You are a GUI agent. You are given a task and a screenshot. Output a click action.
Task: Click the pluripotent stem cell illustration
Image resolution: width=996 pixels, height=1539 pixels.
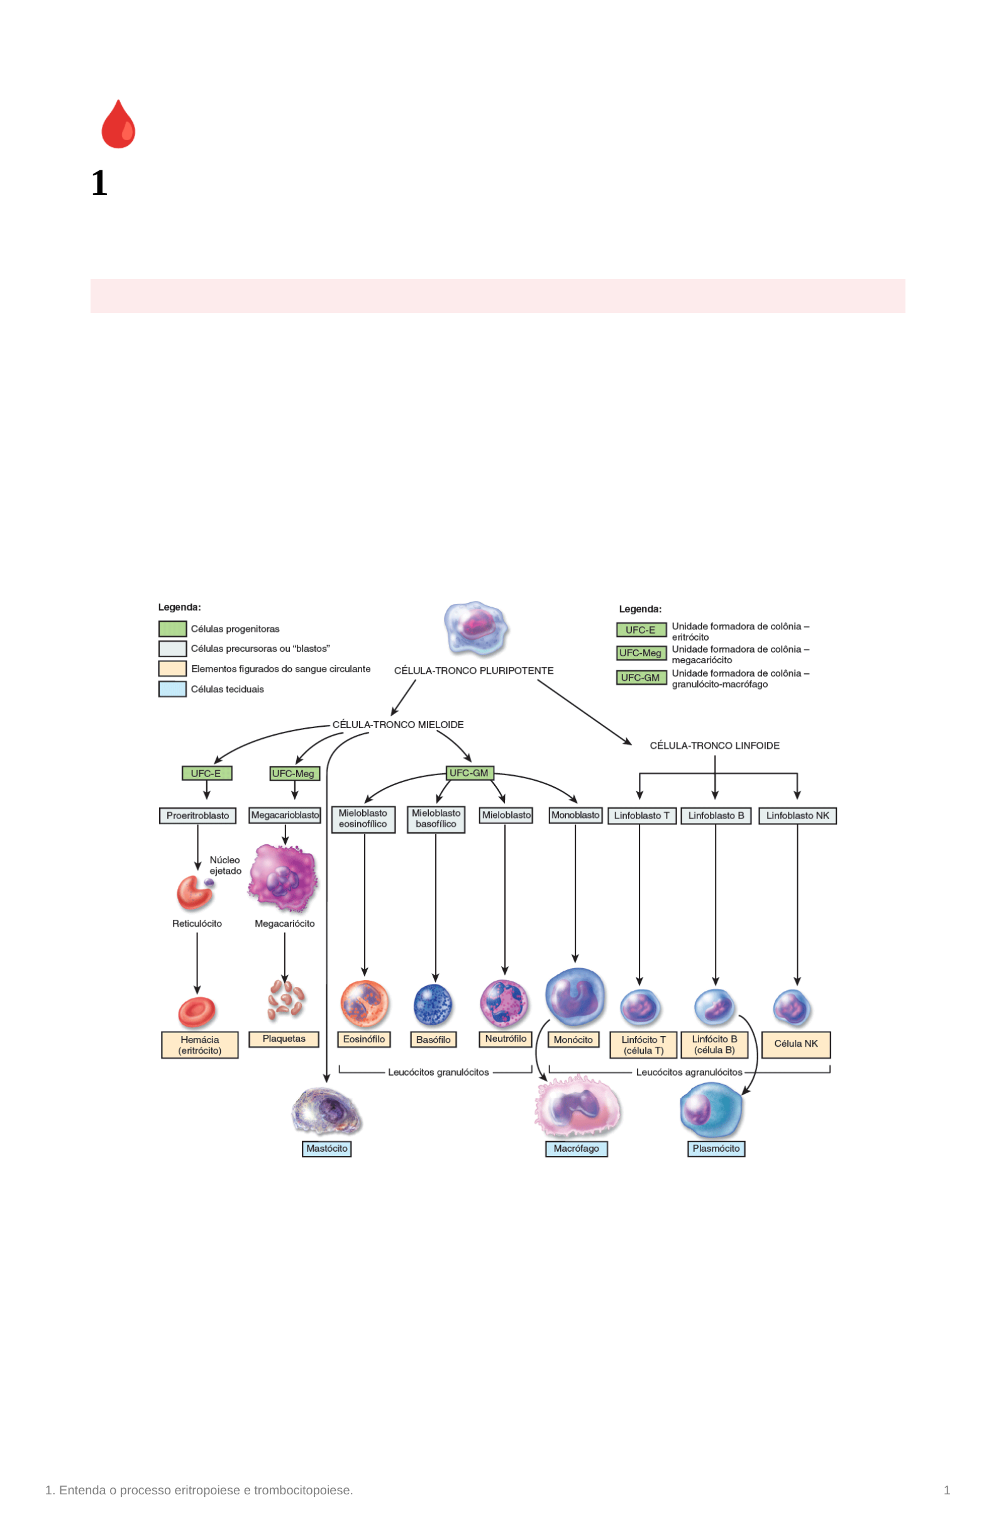coord(477,628)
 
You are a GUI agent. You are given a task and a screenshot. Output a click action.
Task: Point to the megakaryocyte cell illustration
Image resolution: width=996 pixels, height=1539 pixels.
coord(284,878)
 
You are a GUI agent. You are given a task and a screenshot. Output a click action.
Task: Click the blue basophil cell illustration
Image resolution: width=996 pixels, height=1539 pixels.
coord(433,1005)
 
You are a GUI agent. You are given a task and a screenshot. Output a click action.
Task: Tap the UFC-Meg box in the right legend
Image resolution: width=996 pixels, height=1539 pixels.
coord(641,653)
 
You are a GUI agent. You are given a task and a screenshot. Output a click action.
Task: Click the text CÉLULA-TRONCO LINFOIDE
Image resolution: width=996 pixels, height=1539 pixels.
coord(715,746)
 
